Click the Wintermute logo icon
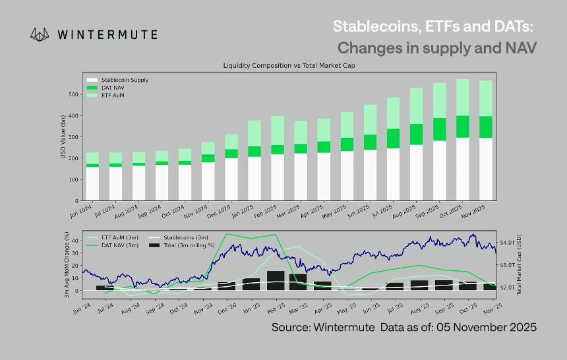click(41, 34)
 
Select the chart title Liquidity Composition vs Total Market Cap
click(289, 66)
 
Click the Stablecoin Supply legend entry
click(125, 80)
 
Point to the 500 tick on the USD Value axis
click(74, 94)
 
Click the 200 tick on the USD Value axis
click(74, 158)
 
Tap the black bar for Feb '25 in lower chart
click(276, 280)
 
